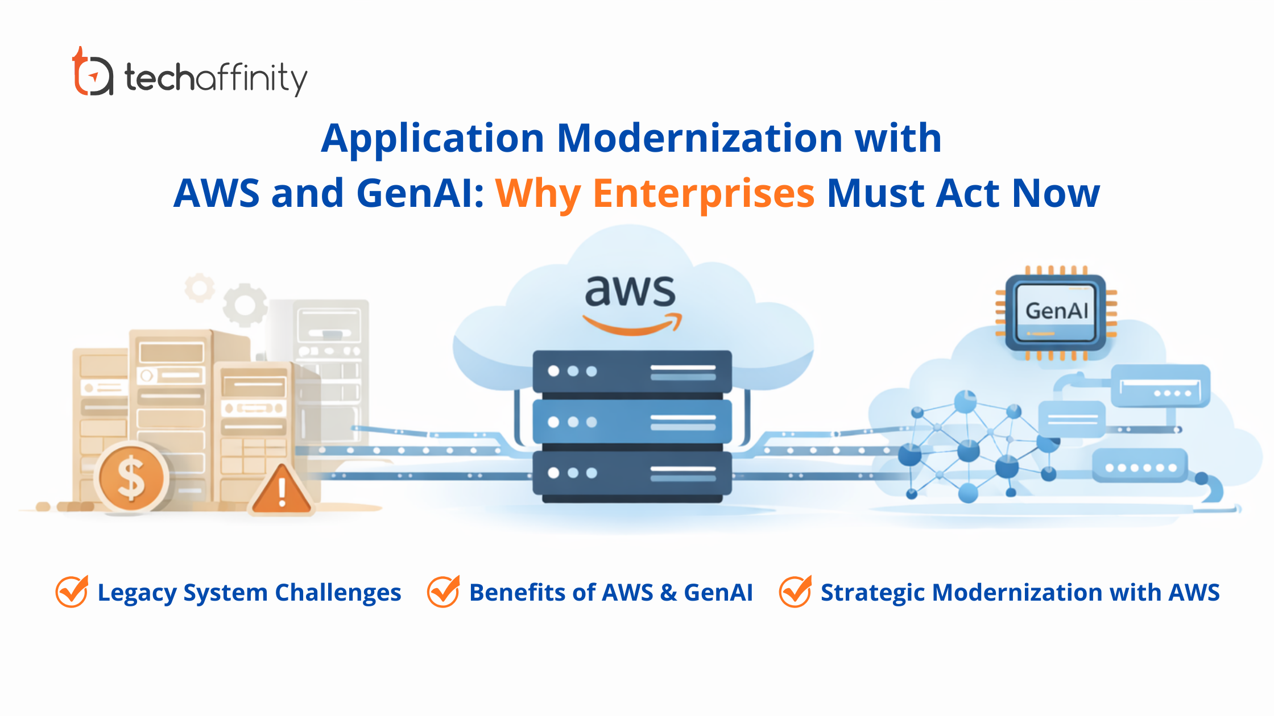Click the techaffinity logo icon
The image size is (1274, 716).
click(92, 72)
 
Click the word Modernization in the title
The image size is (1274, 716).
click(700, 138)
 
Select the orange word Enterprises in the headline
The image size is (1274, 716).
click(704, 193)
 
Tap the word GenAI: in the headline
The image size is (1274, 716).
click(420, 193)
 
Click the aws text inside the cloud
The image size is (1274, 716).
click(630, 290)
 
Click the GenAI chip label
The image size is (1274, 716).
click(1056, 311)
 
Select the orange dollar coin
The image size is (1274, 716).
click(131, 477)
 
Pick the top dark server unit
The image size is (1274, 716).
click(632, 372)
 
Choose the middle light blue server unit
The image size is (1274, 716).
click(632, 422)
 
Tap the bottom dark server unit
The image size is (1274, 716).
click(632, 473)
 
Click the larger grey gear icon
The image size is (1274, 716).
click(245, 304)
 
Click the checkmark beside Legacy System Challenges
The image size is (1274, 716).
click(72, 592)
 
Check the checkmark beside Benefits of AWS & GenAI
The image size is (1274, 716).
click(443, 592)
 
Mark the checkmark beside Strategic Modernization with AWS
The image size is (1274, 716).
click(795, 592)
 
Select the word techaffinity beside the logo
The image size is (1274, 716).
click(216, 78)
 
